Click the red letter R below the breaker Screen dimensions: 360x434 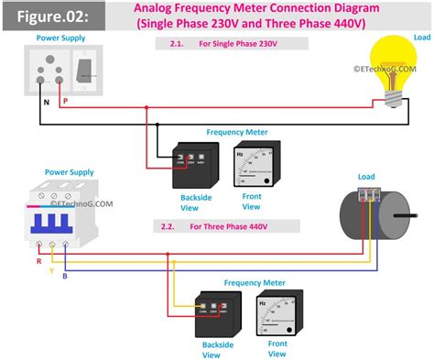click(x=38, y=261)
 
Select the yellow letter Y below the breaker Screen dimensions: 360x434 click(x=50, y=272)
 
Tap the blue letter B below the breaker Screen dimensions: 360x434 click(x=65, y=277)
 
